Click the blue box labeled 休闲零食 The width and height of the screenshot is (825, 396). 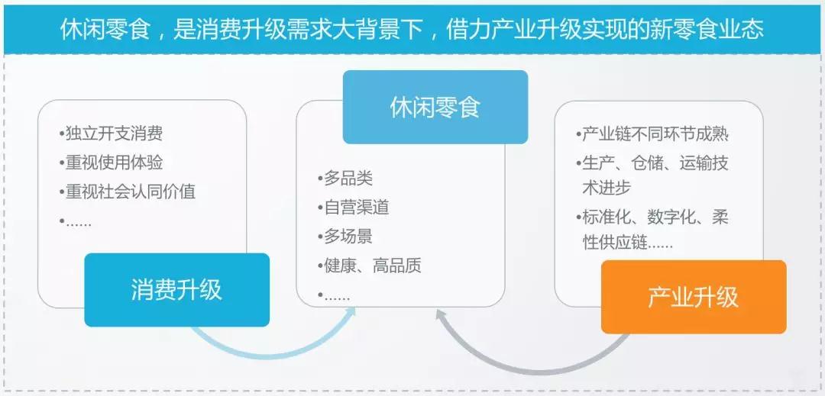[x=435, y=107]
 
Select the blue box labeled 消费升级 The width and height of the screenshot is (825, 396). [x=176, y=290]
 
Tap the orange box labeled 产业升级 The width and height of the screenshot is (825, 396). [x=693, y=297]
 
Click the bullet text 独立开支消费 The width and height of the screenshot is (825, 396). [x=114, y=134]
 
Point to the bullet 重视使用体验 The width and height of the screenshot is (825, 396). [x=114, y=163]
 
